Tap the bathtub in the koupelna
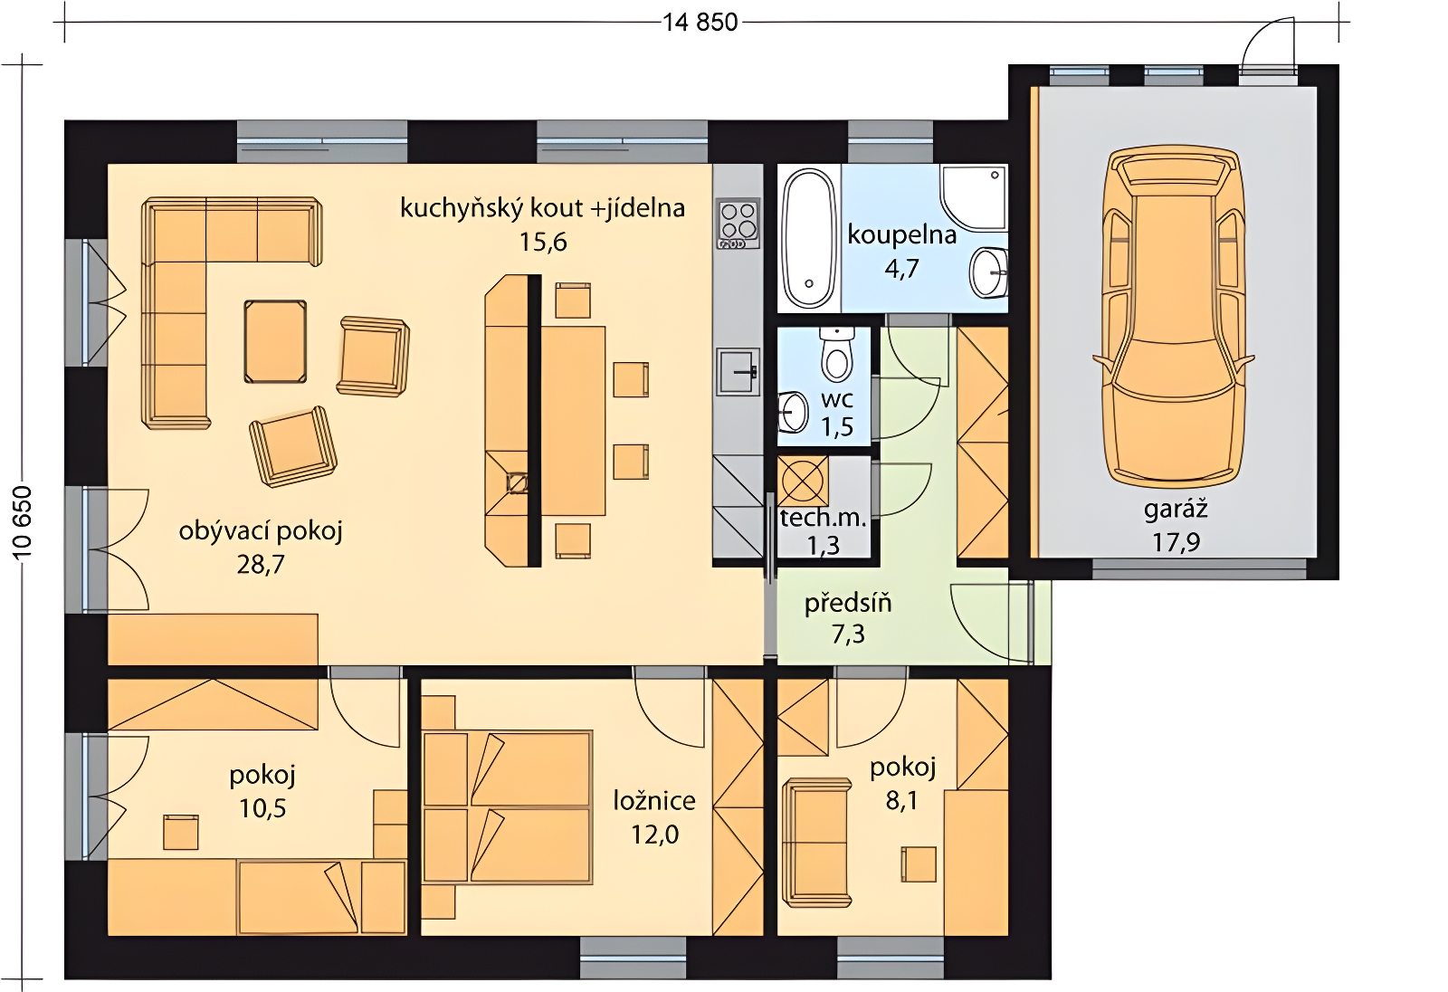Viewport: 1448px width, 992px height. point(808,237)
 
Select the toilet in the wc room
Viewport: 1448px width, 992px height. point(836,356)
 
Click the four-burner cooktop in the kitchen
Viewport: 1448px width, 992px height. point(738,224)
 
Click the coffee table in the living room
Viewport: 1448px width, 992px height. point(275,342)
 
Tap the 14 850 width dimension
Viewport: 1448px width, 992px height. point(700,23)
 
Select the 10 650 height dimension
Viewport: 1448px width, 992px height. point(23,522)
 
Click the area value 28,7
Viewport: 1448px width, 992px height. point(261,565)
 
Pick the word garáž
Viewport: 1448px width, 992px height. point(1176,510)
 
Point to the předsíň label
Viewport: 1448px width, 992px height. point(848,603)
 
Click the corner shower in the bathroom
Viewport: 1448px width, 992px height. point(974,198)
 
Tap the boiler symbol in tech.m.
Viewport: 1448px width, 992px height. point(803,481)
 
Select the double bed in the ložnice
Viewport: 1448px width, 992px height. point(507,807)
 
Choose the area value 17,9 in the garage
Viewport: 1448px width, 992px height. point(1176,543)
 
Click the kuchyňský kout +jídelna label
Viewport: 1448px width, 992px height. point(542,208)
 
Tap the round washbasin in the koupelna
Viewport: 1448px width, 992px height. point(988,273)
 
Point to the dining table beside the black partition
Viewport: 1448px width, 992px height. point(573,420)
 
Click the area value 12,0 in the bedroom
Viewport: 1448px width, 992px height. point(655,835)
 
